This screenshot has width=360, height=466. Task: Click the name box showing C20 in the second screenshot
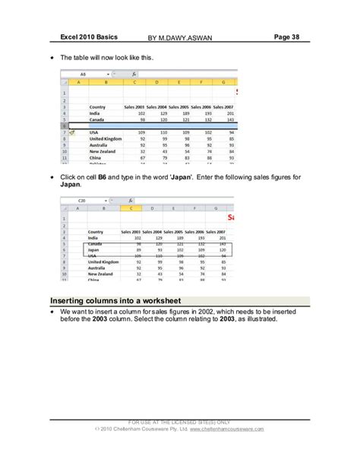click(84, 200)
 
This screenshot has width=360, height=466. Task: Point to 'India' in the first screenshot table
click(95, 113)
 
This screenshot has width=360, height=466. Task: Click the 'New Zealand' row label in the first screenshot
click(103, 151)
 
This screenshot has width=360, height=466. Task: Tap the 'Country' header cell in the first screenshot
click(96, 106)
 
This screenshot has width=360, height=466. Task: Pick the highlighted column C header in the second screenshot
click(132, 208)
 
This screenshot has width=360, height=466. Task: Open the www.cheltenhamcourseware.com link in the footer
click(227, 430)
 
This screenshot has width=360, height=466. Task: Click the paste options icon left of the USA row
click(72, 132)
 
